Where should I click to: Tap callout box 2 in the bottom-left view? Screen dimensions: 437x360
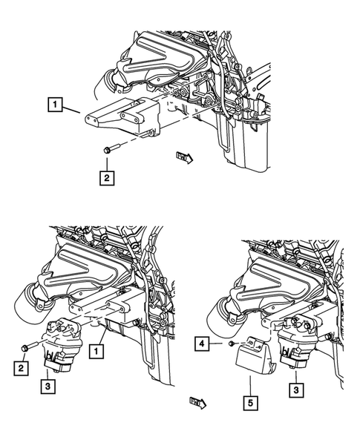pyautogui.click(x=22, y=364)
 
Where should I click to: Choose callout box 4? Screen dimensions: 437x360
pyautogui.click(x=202, y=343)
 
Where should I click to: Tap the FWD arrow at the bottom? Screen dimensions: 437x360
pyautogui.click(x=198, y=401)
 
